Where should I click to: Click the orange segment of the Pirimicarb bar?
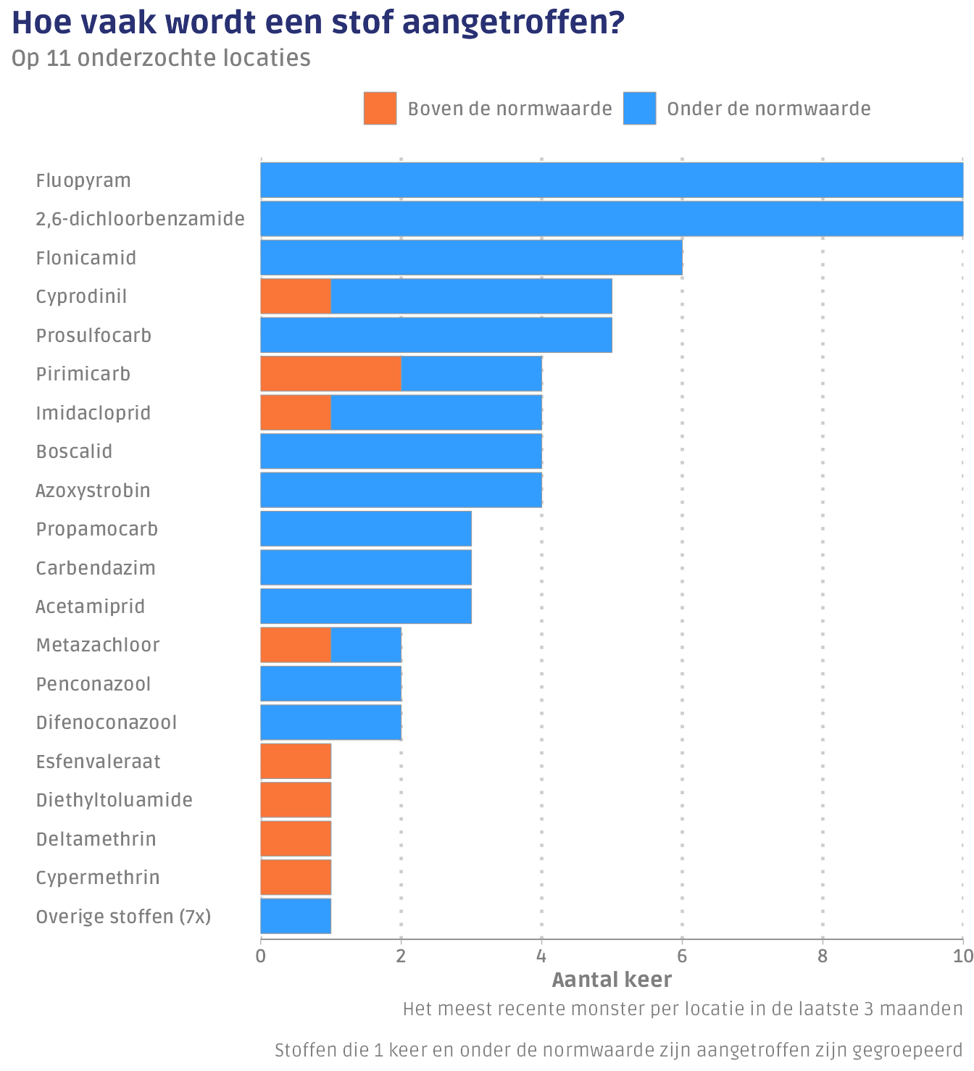[330, 374]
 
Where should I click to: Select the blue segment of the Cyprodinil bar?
[471, 296]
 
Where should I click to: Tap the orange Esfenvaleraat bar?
[296, 761]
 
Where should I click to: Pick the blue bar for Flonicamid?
[471, 258]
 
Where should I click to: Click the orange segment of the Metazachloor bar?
[296, 645]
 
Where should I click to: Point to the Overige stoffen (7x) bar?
[296, 916]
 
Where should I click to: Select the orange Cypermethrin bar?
[296, 877]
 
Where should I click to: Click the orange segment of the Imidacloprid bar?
[296, 412]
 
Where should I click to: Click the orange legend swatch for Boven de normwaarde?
[380, 109]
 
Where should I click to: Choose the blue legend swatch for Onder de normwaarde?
[639, 109]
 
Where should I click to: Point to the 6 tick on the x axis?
[681, 957]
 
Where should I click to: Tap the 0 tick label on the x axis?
[261, 957]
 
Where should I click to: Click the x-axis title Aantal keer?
[612, 980]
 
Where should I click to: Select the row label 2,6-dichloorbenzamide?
[141, 219]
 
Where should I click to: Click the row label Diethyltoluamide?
[115, 800]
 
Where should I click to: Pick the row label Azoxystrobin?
[93, 491]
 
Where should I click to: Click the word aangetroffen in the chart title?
[512, 23]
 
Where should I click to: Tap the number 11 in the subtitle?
[55, 58]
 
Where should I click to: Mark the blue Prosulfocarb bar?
[436, 335]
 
